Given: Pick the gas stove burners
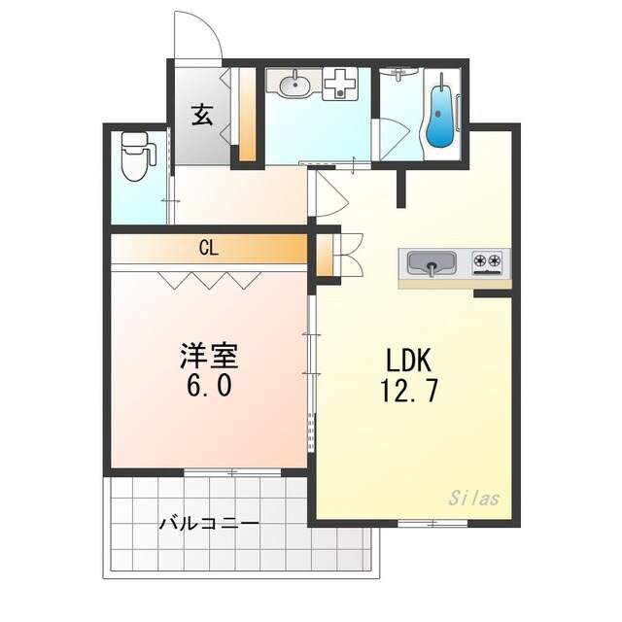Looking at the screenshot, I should (x=488, y=261).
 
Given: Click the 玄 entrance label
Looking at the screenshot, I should (x=201, y=116).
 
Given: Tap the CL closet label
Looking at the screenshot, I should (x=209, y=249).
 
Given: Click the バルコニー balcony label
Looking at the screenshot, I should (x=209, y=524).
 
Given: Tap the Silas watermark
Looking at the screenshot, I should (x=474, y=499).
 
